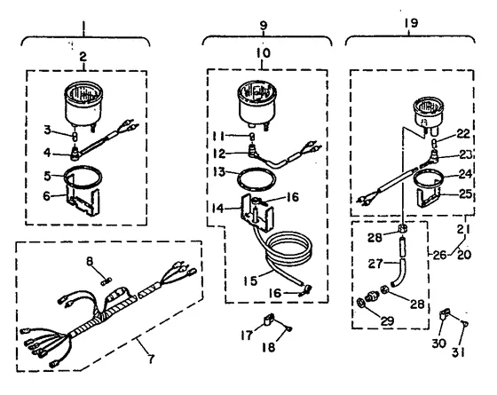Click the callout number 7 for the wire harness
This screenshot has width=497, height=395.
pos(152,359)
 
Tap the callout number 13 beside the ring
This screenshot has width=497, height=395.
pos(219,172)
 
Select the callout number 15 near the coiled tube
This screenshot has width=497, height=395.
pos(250,280)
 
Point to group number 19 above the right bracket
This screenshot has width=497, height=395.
pos(411,23)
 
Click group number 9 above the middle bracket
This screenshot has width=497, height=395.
pos(264,25)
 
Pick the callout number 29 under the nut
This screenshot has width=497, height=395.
pos(387,321)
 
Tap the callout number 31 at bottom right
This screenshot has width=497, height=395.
pos(458,352)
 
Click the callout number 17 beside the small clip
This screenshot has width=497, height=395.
pos(247,336)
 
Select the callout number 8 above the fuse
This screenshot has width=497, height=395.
pos(90,261)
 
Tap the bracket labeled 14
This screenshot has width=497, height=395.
pos(257,212)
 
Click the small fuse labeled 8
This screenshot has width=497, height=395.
pos(106,280)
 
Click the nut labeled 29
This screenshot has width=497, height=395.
pos(360,303)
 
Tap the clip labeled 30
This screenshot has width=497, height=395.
pos(444,315)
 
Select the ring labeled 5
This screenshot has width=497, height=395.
pos(83,178)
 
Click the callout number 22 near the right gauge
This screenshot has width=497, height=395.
pos(463,133)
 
